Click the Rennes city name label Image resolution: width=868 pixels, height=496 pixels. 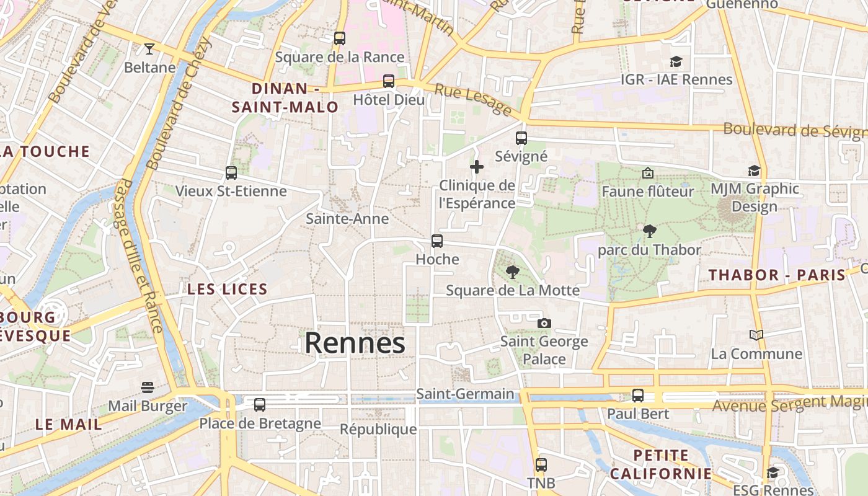(355, 343)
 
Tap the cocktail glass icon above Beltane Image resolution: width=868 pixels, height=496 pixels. (149, 48)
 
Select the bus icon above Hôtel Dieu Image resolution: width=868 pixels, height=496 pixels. (389, 81)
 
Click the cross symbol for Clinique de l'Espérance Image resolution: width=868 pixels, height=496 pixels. (476, 167)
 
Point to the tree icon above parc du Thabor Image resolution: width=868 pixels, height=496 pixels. (649, 231)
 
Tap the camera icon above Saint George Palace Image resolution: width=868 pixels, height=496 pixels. (544, 323)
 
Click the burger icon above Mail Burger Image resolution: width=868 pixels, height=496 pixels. (148, 387)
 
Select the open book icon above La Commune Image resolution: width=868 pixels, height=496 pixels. (756, 335)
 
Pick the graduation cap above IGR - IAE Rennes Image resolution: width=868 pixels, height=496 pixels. (676, 61)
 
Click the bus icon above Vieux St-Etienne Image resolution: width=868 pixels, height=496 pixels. (231, 172)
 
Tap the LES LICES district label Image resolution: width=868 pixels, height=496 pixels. (228, 289)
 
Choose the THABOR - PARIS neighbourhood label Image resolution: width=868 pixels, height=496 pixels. (777, 275)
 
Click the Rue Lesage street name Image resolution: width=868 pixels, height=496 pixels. (472, 100)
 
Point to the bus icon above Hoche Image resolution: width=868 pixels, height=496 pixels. (437, 241)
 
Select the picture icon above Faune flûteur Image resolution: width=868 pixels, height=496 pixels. (648, 173)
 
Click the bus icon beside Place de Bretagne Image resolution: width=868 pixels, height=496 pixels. (260, 404)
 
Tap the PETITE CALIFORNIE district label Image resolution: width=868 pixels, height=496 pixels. (661, 464)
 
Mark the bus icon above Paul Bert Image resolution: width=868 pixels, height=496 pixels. (638, 395)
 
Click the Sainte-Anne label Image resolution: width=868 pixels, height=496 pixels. (347, 219)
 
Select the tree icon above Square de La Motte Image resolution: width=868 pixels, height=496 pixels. (512, 272)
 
